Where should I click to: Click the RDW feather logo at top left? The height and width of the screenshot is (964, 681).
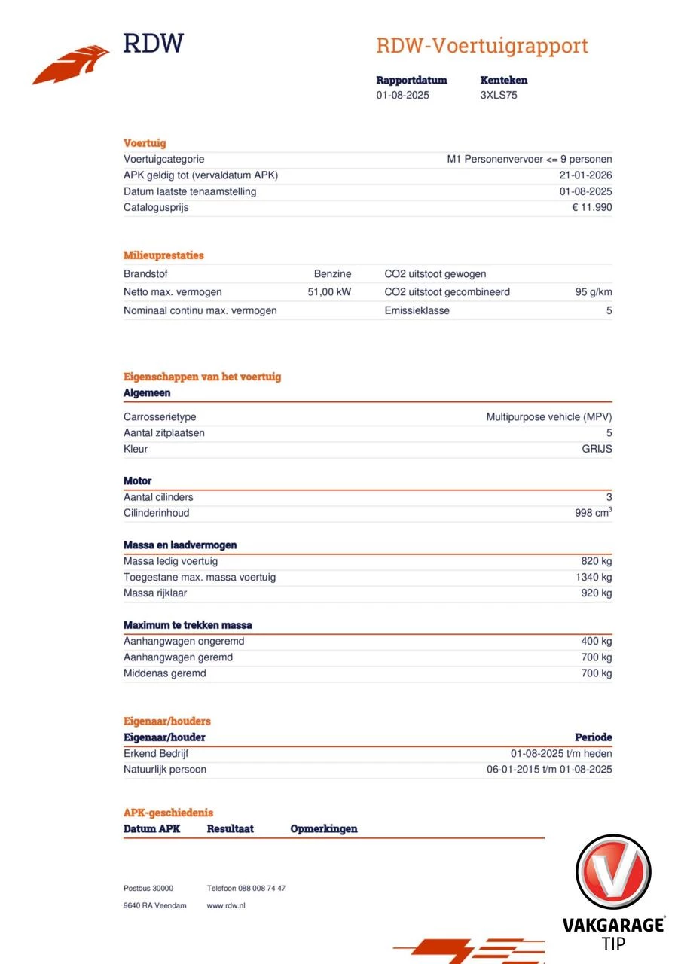point(72,65)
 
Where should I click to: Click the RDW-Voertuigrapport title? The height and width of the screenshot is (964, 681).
point(481,46)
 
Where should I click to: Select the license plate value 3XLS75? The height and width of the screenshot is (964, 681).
point(499,96)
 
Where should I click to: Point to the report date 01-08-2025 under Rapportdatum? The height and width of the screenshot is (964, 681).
point(403,96)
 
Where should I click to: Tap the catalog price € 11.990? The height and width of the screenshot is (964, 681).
point(592,208)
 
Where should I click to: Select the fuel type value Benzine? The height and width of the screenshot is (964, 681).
point(332,274)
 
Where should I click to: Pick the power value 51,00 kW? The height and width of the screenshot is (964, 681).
point(329,292)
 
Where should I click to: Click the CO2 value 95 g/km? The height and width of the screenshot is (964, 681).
point(593,292)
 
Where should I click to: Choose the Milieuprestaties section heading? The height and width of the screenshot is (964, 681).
point(163,255)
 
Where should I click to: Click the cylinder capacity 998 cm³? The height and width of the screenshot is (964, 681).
point(593,513)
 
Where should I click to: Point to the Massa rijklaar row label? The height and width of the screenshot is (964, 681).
point(155,593)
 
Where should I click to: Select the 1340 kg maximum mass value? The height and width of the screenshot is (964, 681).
point(593,578)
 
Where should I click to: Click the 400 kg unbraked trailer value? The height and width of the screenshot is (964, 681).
point(596,642)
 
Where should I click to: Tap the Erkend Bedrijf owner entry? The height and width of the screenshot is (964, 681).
point(161,754)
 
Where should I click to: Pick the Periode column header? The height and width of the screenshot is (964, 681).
point(594,737)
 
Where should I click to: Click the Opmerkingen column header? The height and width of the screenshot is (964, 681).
point(324,829)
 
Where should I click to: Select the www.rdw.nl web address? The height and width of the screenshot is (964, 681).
point(226,905)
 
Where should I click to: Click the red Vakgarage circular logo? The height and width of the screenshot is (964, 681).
point(613,871)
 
